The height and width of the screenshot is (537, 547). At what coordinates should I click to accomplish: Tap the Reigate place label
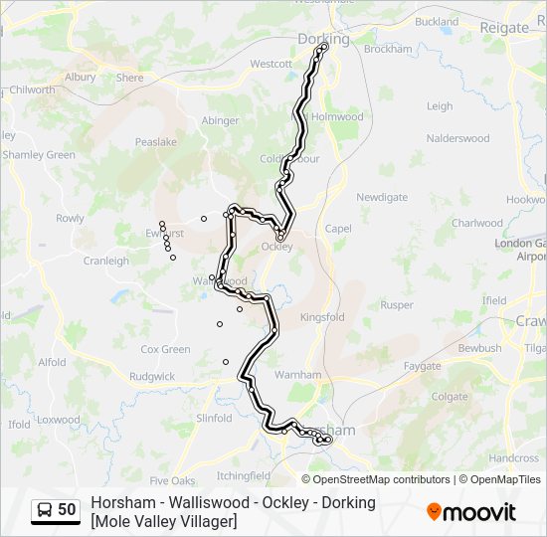point(504,28)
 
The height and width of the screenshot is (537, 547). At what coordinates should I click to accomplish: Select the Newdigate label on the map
point(382,197)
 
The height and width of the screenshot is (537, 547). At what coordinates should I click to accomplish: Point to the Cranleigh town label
point(105,261)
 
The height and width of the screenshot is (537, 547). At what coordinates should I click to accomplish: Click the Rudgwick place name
point(151,377)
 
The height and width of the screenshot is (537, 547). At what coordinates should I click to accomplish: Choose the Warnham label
point(298,375)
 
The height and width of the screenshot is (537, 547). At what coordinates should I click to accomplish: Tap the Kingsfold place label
point(321,317)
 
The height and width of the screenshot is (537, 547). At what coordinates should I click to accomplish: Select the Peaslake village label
point(156,142)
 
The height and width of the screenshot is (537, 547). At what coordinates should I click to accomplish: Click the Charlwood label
point(477,223)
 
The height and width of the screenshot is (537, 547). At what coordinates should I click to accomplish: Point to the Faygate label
point(422,366)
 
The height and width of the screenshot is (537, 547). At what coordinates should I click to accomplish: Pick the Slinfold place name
point(214,419)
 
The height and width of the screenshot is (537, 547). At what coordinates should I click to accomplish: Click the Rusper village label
point(396,305)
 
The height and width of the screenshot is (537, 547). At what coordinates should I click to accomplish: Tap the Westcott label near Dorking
point(271,64)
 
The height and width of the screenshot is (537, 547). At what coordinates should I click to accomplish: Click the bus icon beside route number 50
point(45,510)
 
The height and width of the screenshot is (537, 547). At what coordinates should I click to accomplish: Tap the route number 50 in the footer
point(67,510)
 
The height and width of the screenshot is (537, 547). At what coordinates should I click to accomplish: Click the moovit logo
point(471,512)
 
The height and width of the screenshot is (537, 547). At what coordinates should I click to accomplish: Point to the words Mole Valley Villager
point(164,521)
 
